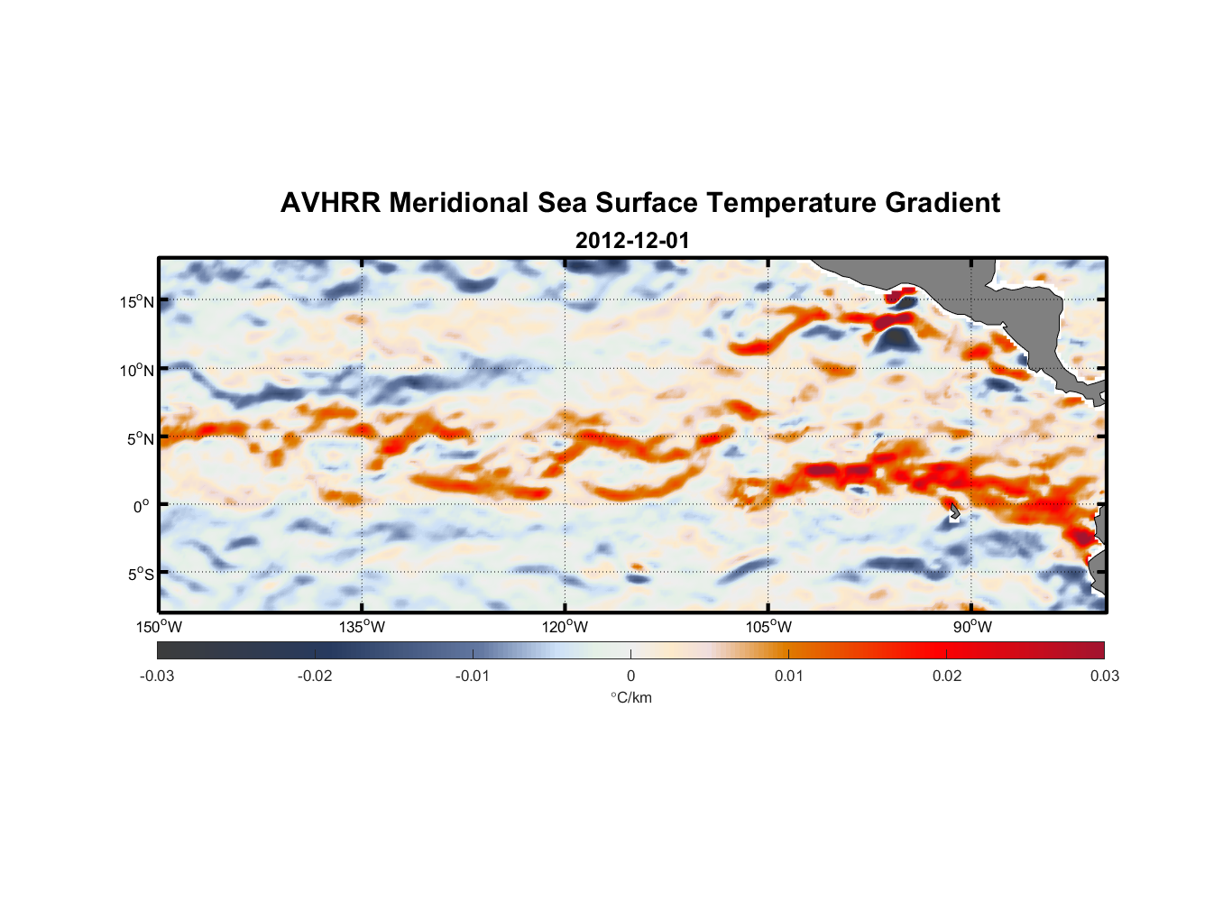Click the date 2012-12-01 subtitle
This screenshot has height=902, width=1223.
tap(632, 241)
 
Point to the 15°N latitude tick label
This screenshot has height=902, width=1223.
tap(137, 301)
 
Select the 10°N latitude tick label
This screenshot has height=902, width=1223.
tap(137, 370)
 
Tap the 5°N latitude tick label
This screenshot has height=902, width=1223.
tap(140, 438)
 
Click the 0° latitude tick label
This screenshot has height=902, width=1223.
tap(142, 507)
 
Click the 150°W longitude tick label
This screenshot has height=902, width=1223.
tap(160, 627)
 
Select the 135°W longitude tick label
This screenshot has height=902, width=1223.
tap(363, 627)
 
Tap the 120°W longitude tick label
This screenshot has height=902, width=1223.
tap(566, 627)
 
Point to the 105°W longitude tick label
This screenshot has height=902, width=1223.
tap(768, 627)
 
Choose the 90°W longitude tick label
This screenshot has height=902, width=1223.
tap(972, 627)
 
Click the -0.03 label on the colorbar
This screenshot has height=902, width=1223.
tap(157, 676)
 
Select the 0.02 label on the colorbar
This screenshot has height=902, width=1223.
tap(946, 676)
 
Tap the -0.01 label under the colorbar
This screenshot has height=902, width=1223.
tap(473, 676)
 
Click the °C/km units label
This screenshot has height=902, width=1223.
tap(630, 697)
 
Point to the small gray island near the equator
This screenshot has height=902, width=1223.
tap(954, 512)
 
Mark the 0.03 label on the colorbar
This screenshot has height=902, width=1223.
tap(1104, 676)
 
